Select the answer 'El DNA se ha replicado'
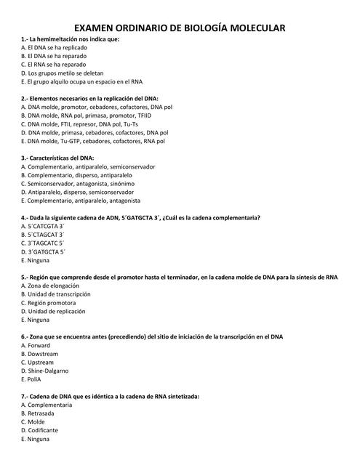55,47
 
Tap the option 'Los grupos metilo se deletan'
63,73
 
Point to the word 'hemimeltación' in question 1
58,39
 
